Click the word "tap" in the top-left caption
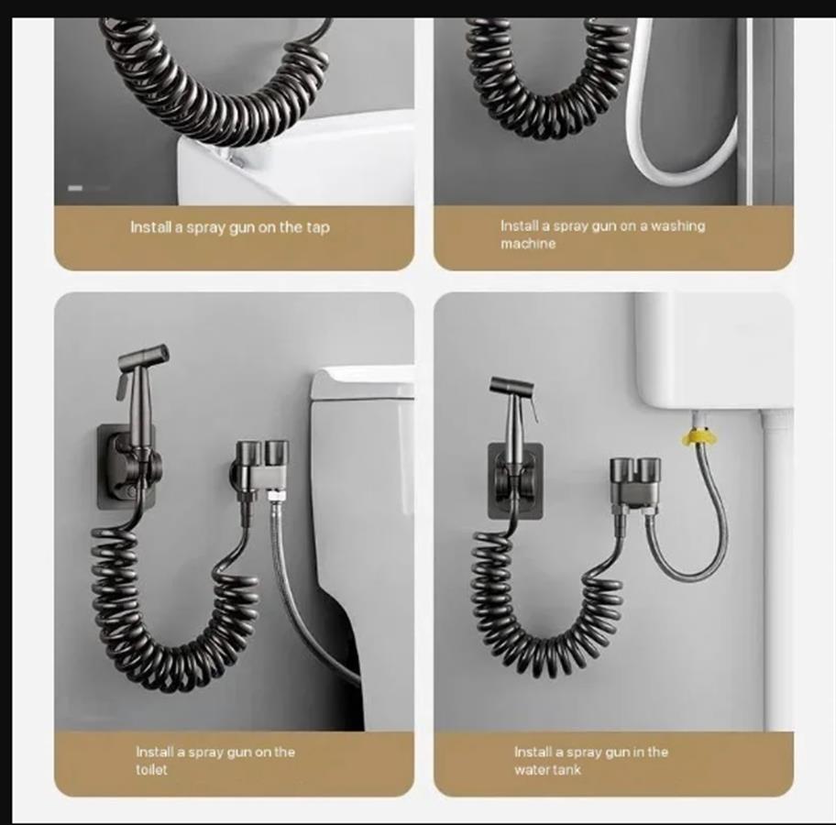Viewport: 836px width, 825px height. coord(318,227)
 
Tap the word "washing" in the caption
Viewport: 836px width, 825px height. coord(677,226)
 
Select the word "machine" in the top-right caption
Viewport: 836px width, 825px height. coord(528,244)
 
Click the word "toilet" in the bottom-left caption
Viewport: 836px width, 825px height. coord(151,769)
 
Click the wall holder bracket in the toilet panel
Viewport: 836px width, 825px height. coord(127,467)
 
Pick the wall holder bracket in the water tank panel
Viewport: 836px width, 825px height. coord(515,481)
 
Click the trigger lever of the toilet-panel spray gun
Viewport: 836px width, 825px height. coord(122,385)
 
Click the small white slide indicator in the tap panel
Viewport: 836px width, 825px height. coord(75,188)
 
